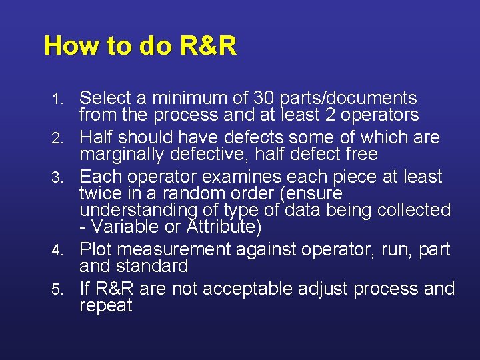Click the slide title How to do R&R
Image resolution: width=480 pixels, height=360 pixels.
(x=140, y=46)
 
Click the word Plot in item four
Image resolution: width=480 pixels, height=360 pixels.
(x=97, y=249)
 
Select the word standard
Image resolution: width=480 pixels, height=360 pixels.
(x=157, y=266)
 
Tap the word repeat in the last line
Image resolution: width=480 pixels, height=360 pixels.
(x=106, y=306)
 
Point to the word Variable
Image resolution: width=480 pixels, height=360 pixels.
(x=120, y=227)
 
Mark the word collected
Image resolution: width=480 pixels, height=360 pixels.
(x=414, y=210)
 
